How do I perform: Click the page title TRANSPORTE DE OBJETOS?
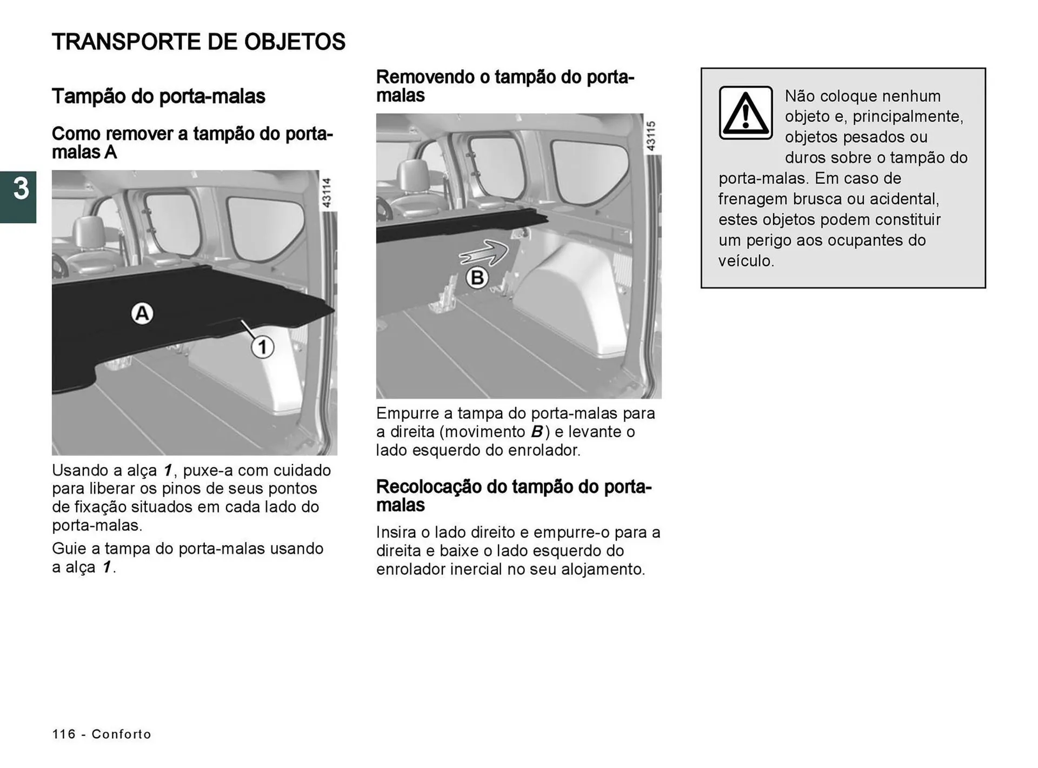click(198, 42)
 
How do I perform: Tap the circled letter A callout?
click(142, 313)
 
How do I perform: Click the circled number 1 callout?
click(262, 346)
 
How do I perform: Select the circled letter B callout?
click(477, 278)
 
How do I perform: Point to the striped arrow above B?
click(484, 253)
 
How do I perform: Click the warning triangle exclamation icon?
click(746, 113)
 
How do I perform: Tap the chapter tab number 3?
click(21, 189)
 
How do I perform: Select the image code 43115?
click(651, 136)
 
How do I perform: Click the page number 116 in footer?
click(64, 734)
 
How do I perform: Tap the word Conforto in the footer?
click(122, 734)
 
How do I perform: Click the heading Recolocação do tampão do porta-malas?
click(514, 495)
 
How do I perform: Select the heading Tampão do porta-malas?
click(158, 96)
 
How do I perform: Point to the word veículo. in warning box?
click(746, 261)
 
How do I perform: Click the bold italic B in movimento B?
click(536, 432)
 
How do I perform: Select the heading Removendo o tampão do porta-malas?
click(505, 85)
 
